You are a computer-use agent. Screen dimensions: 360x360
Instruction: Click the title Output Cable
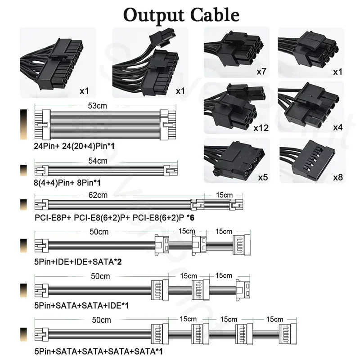coord(181,14)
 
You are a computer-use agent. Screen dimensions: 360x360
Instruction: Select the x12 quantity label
coord(261,128)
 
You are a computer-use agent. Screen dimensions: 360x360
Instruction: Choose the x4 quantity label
coord(337,128)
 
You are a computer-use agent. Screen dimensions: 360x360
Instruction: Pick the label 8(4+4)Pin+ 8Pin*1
coord(68,183)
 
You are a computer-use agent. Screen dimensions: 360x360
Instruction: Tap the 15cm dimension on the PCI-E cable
coord(223,195)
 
